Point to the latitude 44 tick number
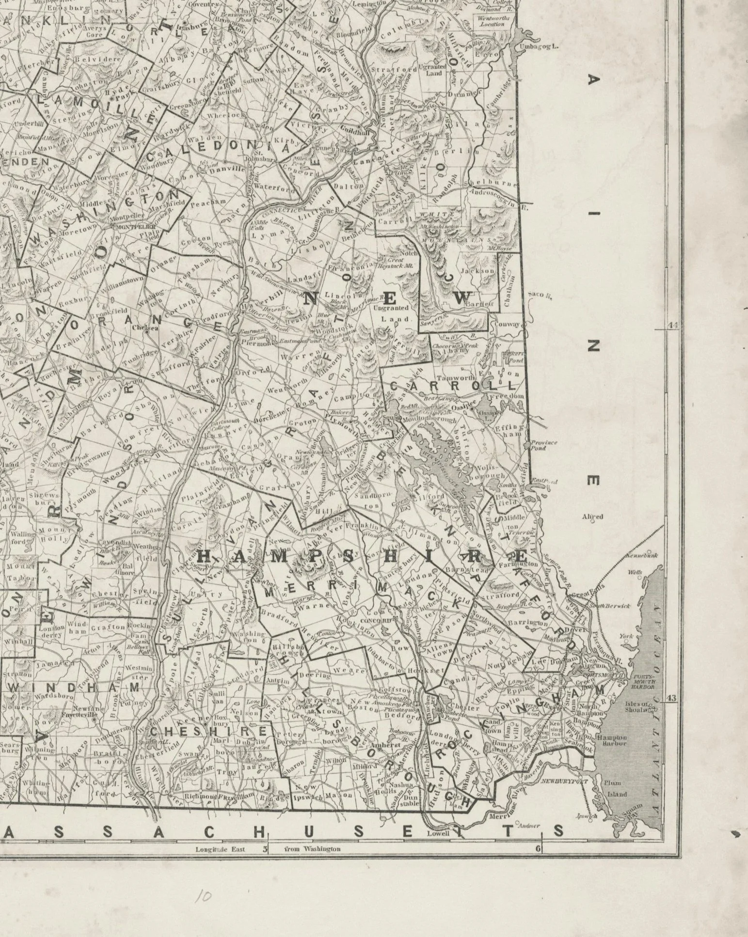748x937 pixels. [672, 326]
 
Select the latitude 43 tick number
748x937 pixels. [671, 698]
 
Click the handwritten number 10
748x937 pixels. [202, 896]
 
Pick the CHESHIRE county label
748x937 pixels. [208, 731]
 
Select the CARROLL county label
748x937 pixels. [452, 386]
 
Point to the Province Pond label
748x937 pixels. [544, 445]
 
